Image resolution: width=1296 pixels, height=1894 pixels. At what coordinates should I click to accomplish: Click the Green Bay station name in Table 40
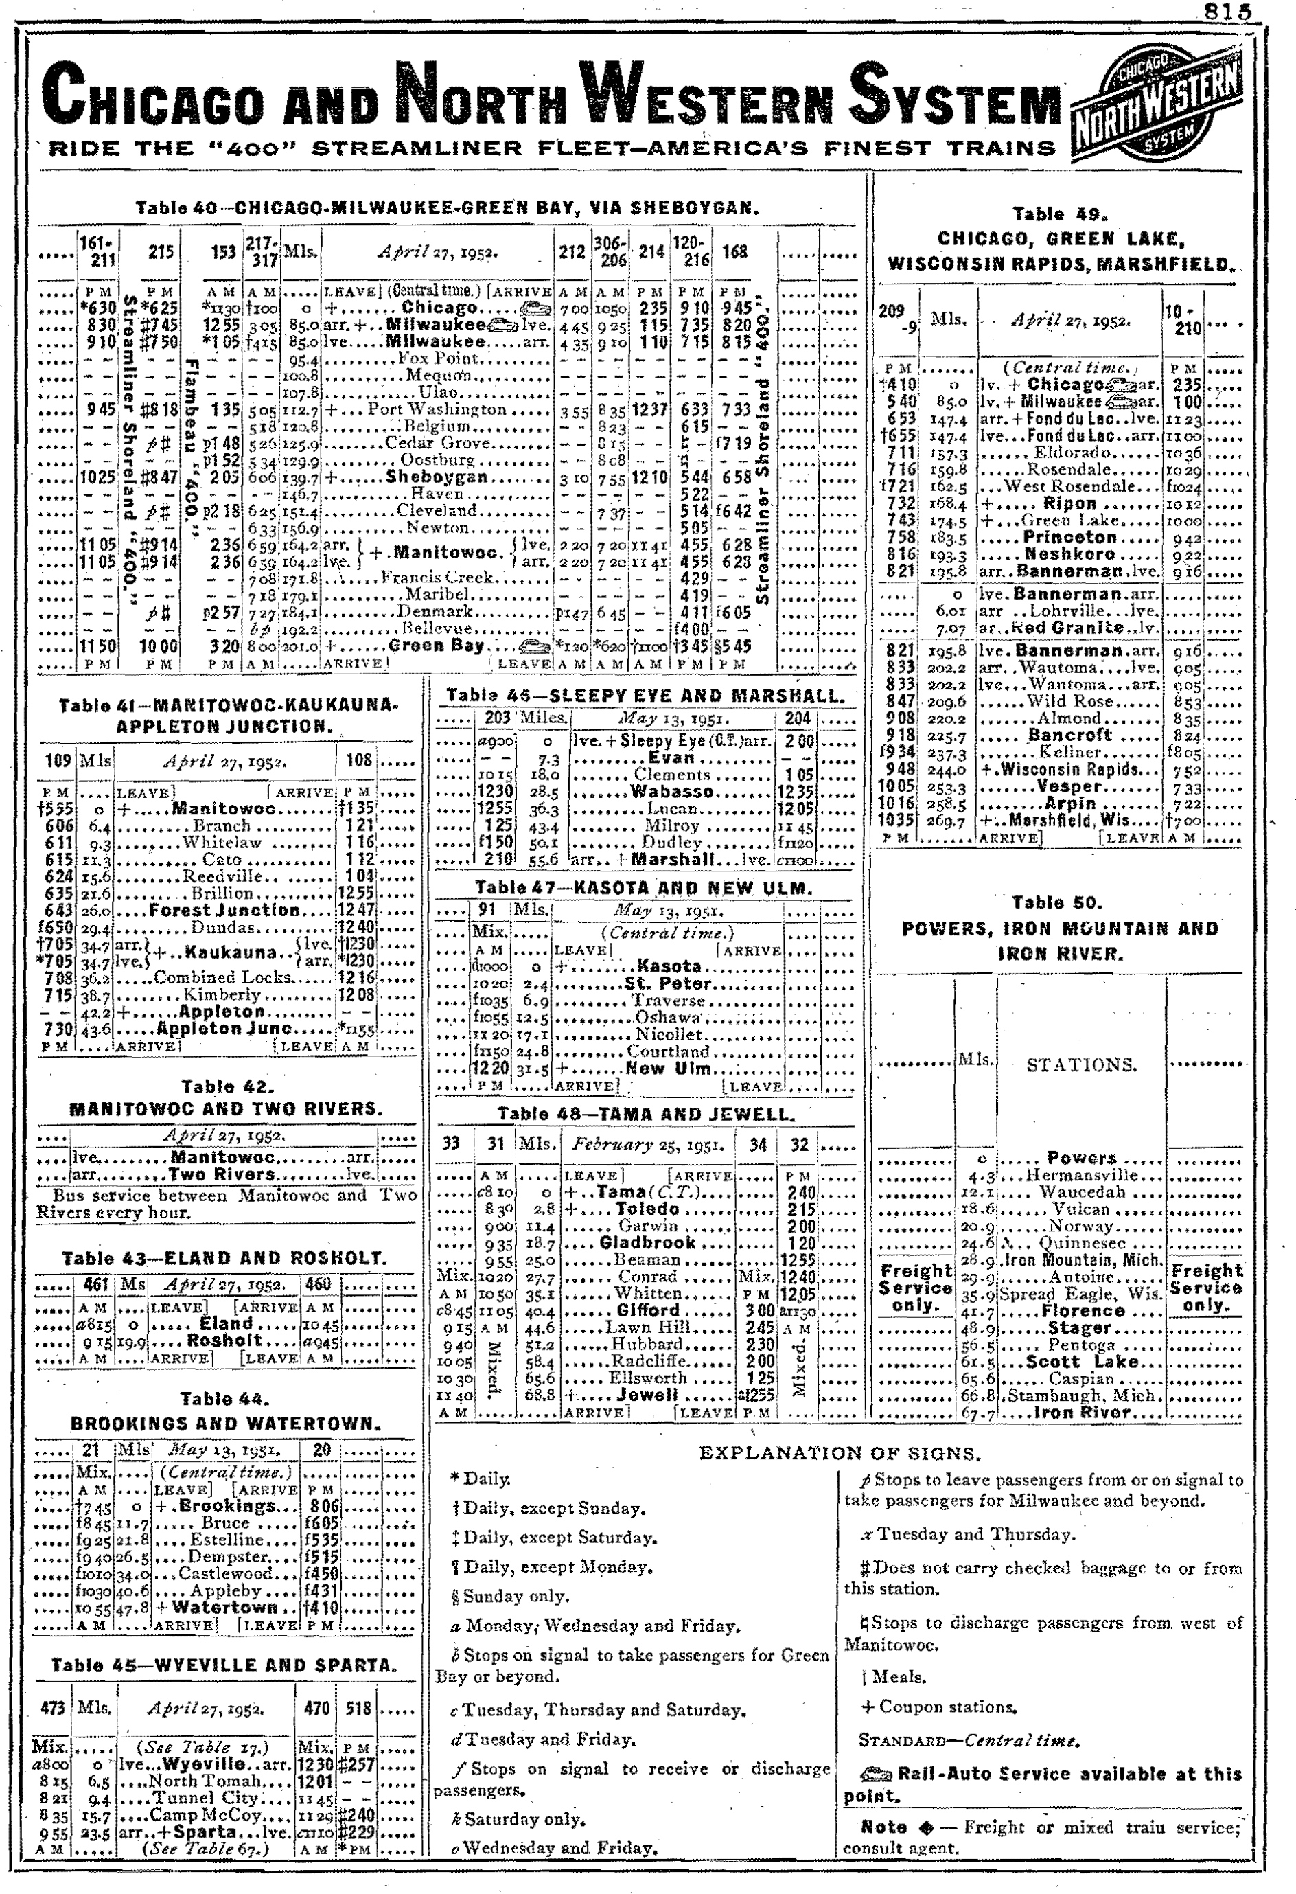click(x=437, y=646)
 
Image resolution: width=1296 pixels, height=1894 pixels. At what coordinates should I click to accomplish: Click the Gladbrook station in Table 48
click(x=647, y=1243)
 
